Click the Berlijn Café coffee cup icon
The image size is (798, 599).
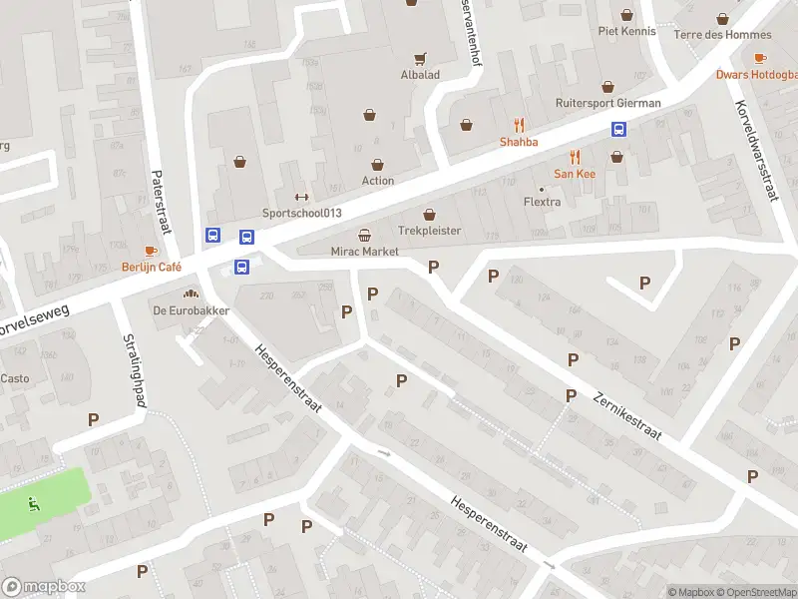(151, 251)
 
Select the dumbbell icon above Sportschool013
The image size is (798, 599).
(301, 196)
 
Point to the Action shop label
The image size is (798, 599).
(378, 181)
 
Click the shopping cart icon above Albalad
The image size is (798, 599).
(420, 58)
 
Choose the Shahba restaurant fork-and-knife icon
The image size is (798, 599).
(519, 125)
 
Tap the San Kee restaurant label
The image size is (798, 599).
(575, 173)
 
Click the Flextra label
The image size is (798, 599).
(543, 203)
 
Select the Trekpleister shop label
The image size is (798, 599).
(430, 231)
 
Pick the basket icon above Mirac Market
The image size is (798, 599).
(365, 236)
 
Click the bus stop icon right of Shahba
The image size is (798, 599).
(618, 129)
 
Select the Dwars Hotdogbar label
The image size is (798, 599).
(756, 74)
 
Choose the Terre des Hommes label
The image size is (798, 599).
(723, 34)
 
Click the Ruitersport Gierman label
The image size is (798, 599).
(607, 103)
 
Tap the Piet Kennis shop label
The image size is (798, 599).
(626, 31)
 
